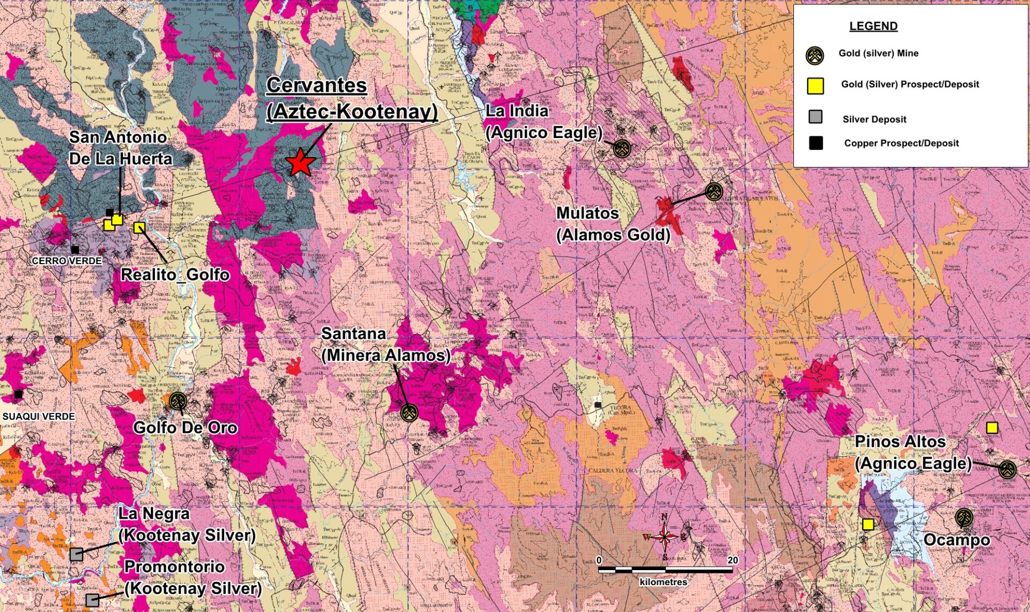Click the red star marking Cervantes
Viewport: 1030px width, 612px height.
click(x=299, y=162)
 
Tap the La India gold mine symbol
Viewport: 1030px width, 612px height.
click(x=621, y=148)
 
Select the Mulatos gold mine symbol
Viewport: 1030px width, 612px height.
click(x=713, y=191)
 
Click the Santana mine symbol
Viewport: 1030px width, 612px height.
click(x=409, y=413)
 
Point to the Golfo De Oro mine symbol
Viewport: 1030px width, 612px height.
click(x=178, y=400)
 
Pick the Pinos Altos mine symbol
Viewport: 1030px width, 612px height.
click(x=1007, y=470)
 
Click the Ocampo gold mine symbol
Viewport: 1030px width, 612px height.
click(x=964, y=518)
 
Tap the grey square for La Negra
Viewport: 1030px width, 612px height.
click(x=76, y=554)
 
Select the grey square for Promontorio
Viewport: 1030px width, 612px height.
click(x=92, y=599)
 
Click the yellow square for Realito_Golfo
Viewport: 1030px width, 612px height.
click(x=139, y=228)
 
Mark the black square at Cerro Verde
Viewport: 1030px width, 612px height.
click(x=75, y=250)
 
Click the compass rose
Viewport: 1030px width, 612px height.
click(x=664, y=536)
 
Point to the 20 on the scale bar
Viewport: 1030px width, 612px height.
click(x=732, y=560)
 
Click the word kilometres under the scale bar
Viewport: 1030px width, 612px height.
click(x=663, y=582)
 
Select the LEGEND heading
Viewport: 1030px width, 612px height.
click(x=873, y=26)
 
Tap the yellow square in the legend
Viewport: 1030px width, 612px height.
click(x=815, y=85)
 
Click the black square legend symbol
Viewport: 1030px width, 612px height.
click(x=815, y=143)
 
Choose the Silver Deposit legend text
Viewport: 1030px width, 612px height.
click(x=874, y=119)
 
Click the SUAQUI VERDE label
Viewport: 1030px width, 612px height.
click(x=39, y=416)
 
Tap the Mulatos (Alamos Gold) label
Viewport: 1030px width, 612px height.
click(x=613, y=224)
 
